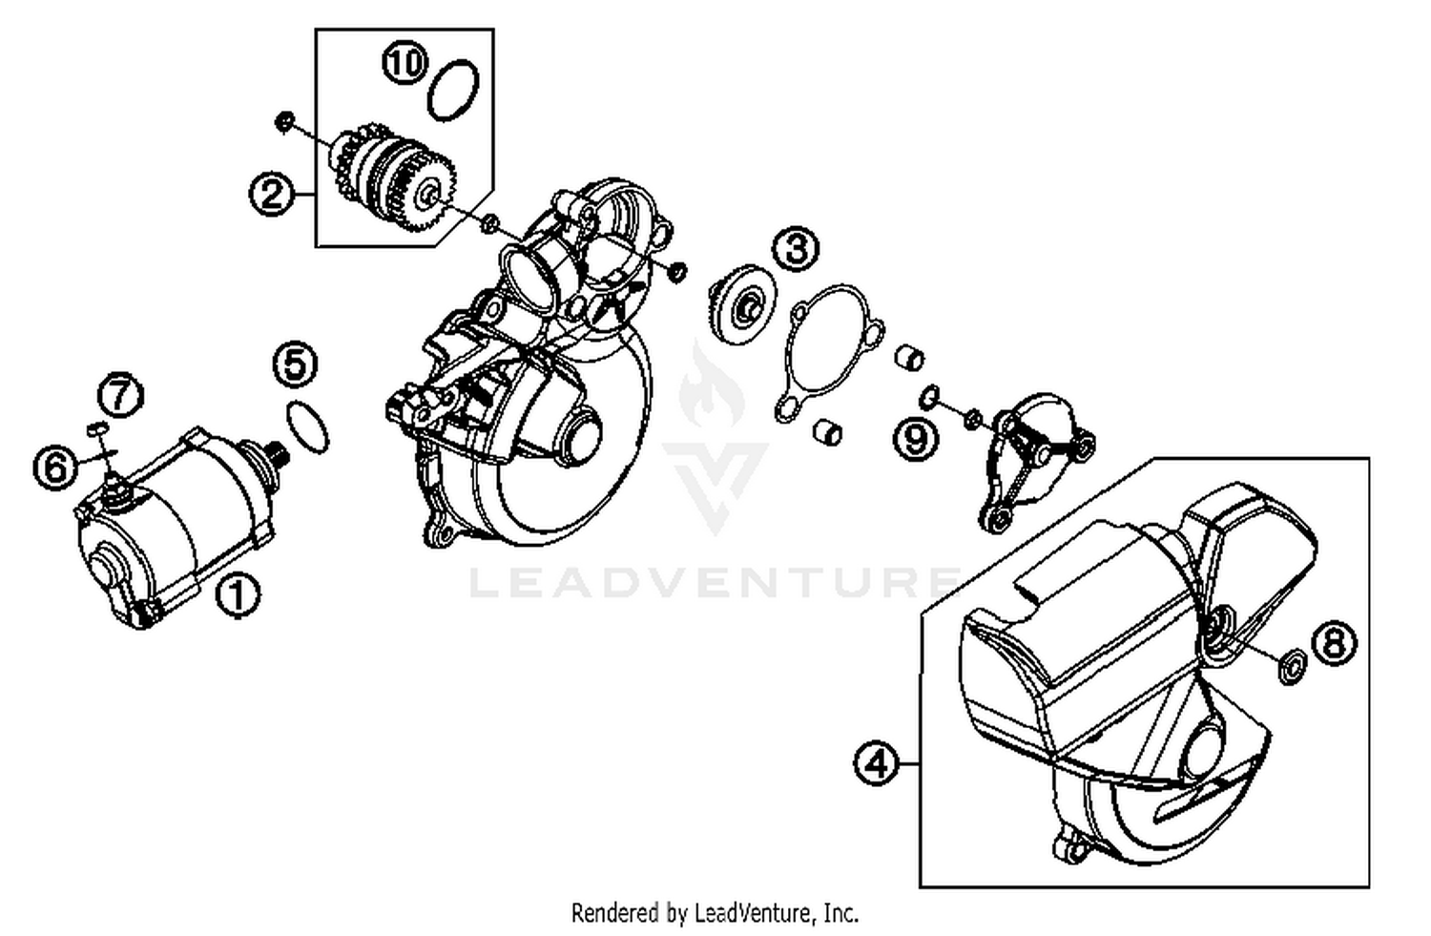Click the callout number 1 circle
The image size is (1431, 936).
tap(238, 596)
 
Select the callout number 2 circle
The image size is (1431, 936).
tap(272, 195)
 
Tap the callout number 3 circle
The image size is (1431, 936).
tap(796, 249)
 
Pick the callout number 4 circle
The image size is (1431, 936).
tap(876, 763)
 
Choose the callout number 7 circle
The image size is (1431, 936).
tap(121, 394)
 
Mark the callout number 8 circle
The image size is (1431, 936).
tap(1334, 643)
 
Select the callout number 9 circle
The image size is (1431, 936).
tap(915, 438)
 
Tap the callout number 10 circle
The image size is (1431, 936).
tap(404, 64)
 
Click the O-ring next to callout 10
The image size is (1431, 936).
tap(452, 90)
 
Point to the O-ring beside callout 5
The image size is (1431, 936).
tap(308, 426)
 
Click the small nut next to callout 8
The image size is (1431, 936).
tap(1291, 666)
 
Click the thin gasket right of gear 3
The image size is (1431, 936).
tap(826, 354)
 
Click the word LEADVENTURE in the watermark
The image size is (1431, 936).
tap(715, 582)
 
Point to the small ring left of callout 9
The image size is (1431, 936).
tap(930, 394)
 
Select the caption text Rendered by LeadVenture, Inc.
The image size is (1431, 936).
tap(715, 913)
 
